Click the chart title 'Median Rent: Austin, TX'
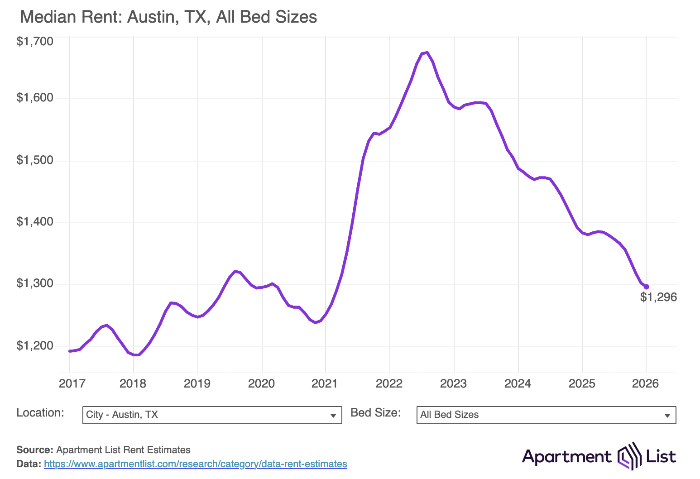pyautogui.click(x=168, y=17)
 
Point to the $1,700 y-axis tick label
pyautogui.click(x=35, y=42)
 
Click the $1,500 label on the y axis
pyautogui.click(x=35, y=160)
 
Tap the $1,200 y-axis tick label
pyautogui.click(x=35, y=346)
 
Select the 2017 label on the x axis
pyautogui.click(x=72, y=383)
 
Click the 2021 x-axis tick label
pyautogui.click(x=325, y=383)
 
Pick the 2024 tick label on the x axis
pyautogui.click(x=518, y=383)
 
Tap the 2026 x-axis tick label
pyautogui.click(x=645, y=383)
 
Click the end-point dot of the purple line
pyautogui.click(x=646, y=287)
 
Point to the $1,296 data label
pyautogui.click(x=658, y=297)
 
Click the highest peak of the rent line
pyautogui.click(x=427, y=53)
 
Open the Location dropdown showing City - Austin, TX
pyautogui.click(x=212, y=415)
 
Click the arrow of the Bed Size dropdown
pyautogui.click(x=667, y=416)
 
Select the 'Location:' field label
pyautogui.click(x=40, y=413)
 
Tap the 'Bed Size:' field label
pyautogui.click(x=376, y=413)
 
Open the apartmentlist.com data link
pyautogui.click(x=196, y=464)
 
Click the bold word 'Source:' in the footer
pyautogui.click(x=35, y=450)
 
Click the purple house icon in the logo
pyautogui.click(x=630, y=456)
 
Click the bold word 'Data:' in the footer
pyautogui.click(x=29, y=464)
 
